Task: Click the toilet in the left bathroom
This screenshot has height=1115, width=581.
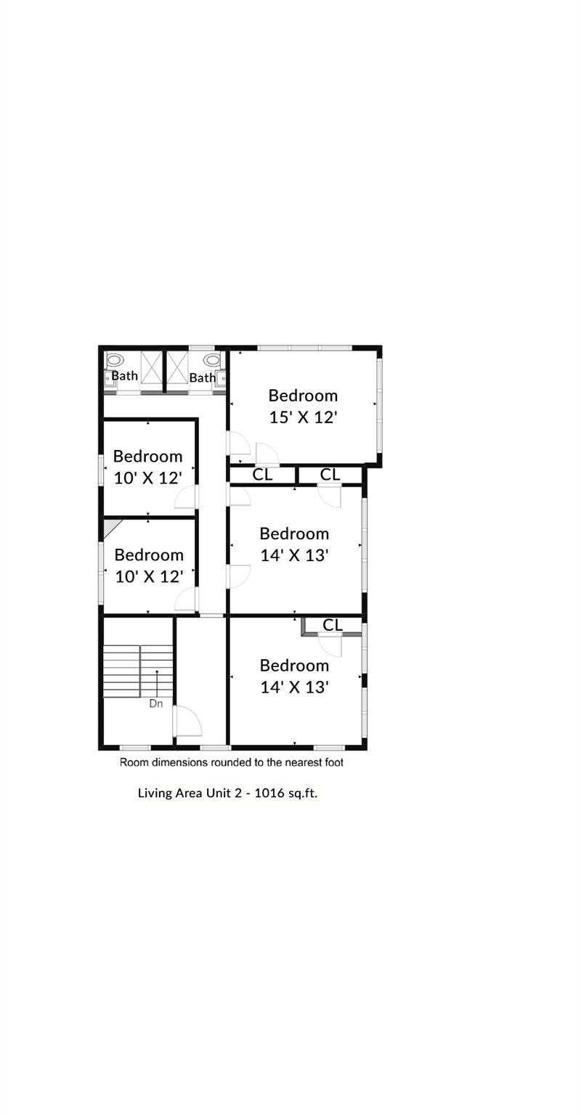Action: (x=115, y=359)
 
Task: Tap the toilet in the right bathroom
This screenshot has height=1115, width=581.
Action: (x=211, y=360)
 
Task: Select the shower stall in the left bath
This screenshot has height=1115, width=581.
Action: (x=151, y=367)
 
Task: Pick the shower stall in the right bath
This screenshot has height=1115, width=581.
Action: (x=177, y=367)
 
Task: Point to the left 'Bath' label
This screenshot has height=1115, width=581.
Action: (x=125, y=376)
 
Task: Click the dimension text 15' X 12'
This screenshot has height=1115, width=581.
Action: (x=303, y=417)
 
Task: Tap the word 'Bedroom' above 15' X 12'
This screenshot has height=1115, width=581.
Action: (x=303, y=396)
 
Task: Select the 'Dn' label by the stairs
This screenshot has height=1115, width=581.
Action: (x=156, y=703)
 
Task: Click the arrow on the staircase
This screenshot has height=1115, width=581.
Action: (x=157, y=683)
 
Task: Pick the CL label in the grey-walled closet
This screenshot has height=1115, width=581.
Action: (x=333, y=624)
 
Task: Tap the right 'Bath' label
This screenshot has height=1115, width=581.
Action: (x=202, y=377)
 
